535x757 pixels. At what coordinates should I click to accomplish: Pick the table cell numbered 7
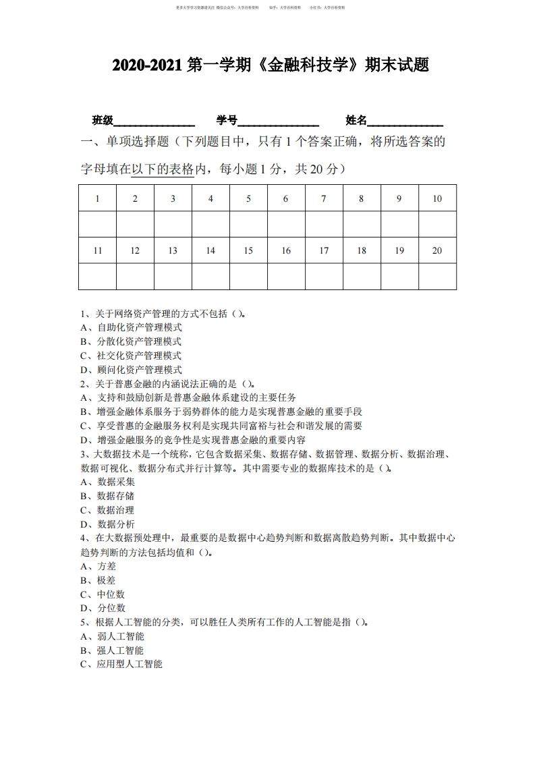[324, 198]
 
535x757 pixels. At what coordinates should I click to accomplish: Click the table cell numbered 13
[173, 250]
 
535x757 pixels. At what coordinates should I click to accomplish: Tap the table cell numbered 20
[437, 250]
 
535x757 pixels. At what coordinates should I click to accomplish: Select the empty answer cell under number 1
[98, 224]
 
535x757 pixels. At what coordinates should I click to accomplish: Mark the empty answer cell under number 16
[286, 276]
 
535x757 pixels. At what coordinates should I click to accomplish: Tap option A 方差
[98, 566]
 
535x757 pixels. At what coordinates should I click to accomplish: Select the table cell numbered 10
[437, 198]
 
